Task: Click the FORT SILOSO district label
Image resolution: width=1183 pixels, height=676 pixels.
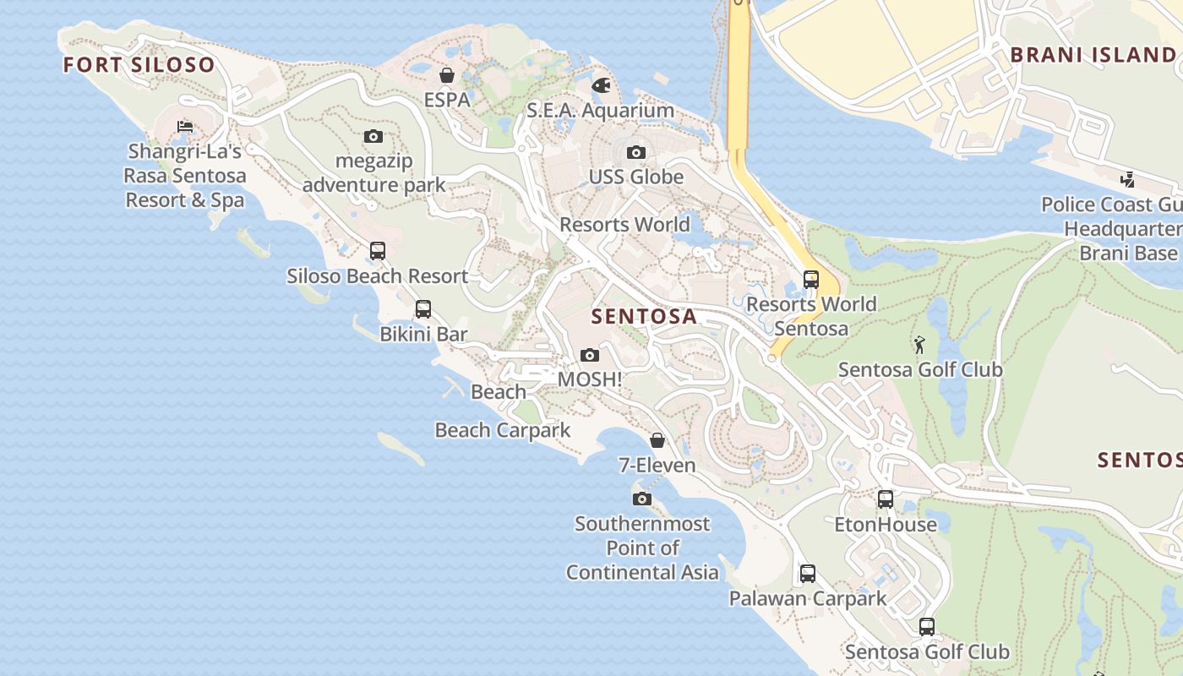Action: pyautogui.click(x=139, y=65)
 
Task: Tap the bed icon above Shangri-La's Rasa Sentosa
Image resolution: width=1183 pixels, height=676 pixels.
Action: pyautogui.click(x=185, y=128)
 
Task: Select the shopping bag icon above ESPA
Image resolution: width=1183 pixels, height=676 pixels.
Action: pyautogui.click(x=447, y=76)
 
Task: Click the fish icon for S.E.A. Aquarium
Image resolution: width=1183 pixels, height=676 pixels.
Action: pyautogui.click(x=601, y=85)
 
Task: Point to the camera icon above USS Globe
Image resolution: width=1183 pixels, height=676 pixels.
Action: pyautogui.click(x=636, y=153)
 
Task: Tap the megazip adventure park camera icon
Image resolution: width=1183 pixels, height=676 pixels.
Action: pyautogui.click(x=373, y=136)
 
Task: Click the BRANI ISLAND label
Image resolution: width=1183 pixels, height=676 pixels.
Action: pyautogui.click(x=1093, y=55)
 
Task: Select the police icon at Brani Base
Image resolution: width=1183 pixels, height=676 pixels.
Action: pyautogui.click(x=1127, y=179)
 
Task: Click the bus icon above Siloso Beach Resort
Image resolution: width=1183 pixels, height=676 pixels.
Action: pyautogui.click(x=378, y=251)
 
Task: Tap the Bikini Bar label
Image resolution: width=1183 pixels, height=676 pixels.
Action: pyautogui.click(x=423, y=334)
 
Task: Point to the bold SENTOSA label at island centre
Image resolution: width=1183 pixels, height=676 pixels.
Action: pyautogui.click(x=644, y=317)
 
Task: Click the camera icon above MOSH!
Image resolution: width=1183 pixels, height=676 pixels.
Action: pyautogui.click(x=590, y=356)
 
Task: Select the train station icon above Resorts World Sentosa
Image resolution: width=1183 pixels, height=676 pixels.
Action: pyautogui.click(x=811, y=279)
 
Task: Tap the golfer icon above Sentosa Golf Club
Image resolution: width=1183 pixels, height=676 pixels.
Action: pyautogui.click(x=919, y=345)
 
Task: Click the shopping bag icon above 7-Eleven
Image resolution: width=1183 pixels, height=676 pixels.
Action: pyautogui.click(x=657, y=440)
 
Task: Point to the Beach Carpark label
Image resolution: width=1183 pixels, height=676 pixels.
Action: pyautogui.click(x=503, y=430)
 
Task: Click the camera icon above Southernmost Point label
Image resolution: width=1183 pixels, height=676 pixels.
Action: pyautogui.click(x=642, y=499)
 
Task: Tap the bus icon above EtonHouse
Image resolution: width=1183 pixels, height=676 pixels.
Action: pyautogui.click(x=886, y=499)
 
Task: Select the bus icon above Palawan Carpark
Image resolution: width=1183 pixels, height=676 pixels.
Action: pyautogui.click(x=808, y=574)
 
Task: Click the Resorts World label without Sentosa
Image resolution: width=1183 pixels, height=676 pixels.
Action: pyautogui.click(x=624, y=225)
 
